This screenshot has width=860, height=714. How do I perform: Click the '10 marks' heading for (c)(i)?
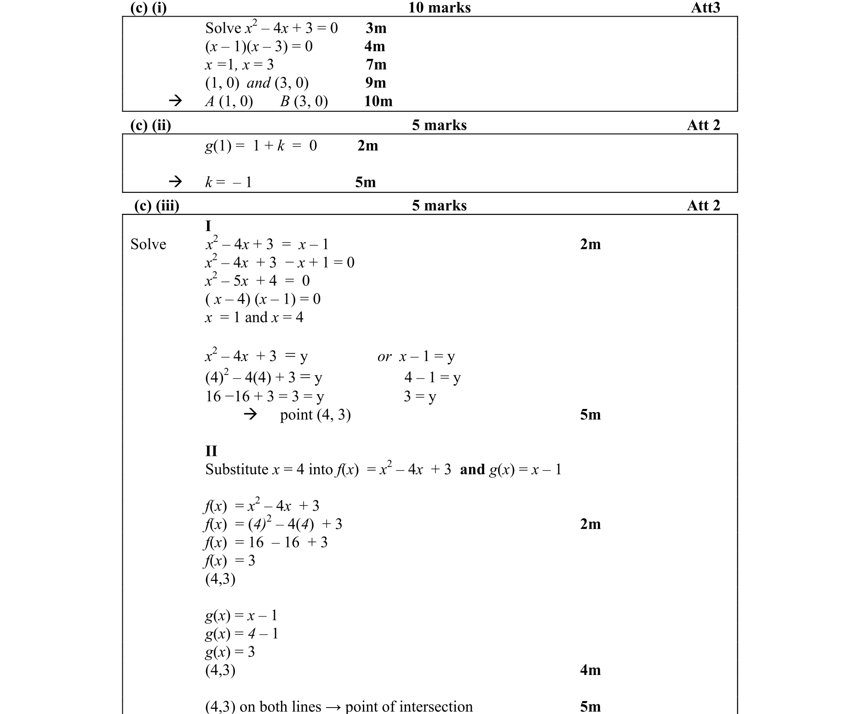(439, 8)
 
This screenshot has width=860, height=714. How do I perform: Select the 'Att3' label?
(705, 8)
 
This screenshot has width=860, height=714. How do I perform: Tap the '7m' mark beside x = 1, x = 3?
(376, 64)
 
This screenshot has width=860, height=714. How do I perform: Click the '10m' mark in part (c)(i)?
(378, 101)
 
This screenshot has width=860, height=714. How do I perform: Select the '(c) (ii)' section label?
(150, 125)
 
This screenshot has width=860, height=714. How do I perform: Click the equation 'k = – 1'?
(229, 182)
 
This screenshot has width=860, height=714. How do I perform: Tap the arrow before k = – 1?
(175, 182)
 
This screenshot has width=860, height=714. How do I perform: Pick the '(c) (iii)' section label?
(156, 206)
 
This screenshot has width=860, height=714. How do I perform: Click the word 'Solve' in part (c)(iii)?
(148, 244)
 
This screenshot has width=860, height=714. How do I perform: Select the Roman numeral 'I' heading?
(208, 226)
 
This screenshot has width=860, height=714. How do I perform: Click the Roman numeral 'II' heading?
(211, 451)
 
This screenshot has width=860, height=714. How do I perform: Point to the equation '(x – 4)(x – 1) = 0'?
(263, 299)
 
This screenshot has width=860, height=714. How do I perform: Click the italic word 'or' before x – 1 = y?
(384, 357)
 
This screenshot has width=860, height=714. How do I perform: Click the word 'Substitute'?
(236, 470)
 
